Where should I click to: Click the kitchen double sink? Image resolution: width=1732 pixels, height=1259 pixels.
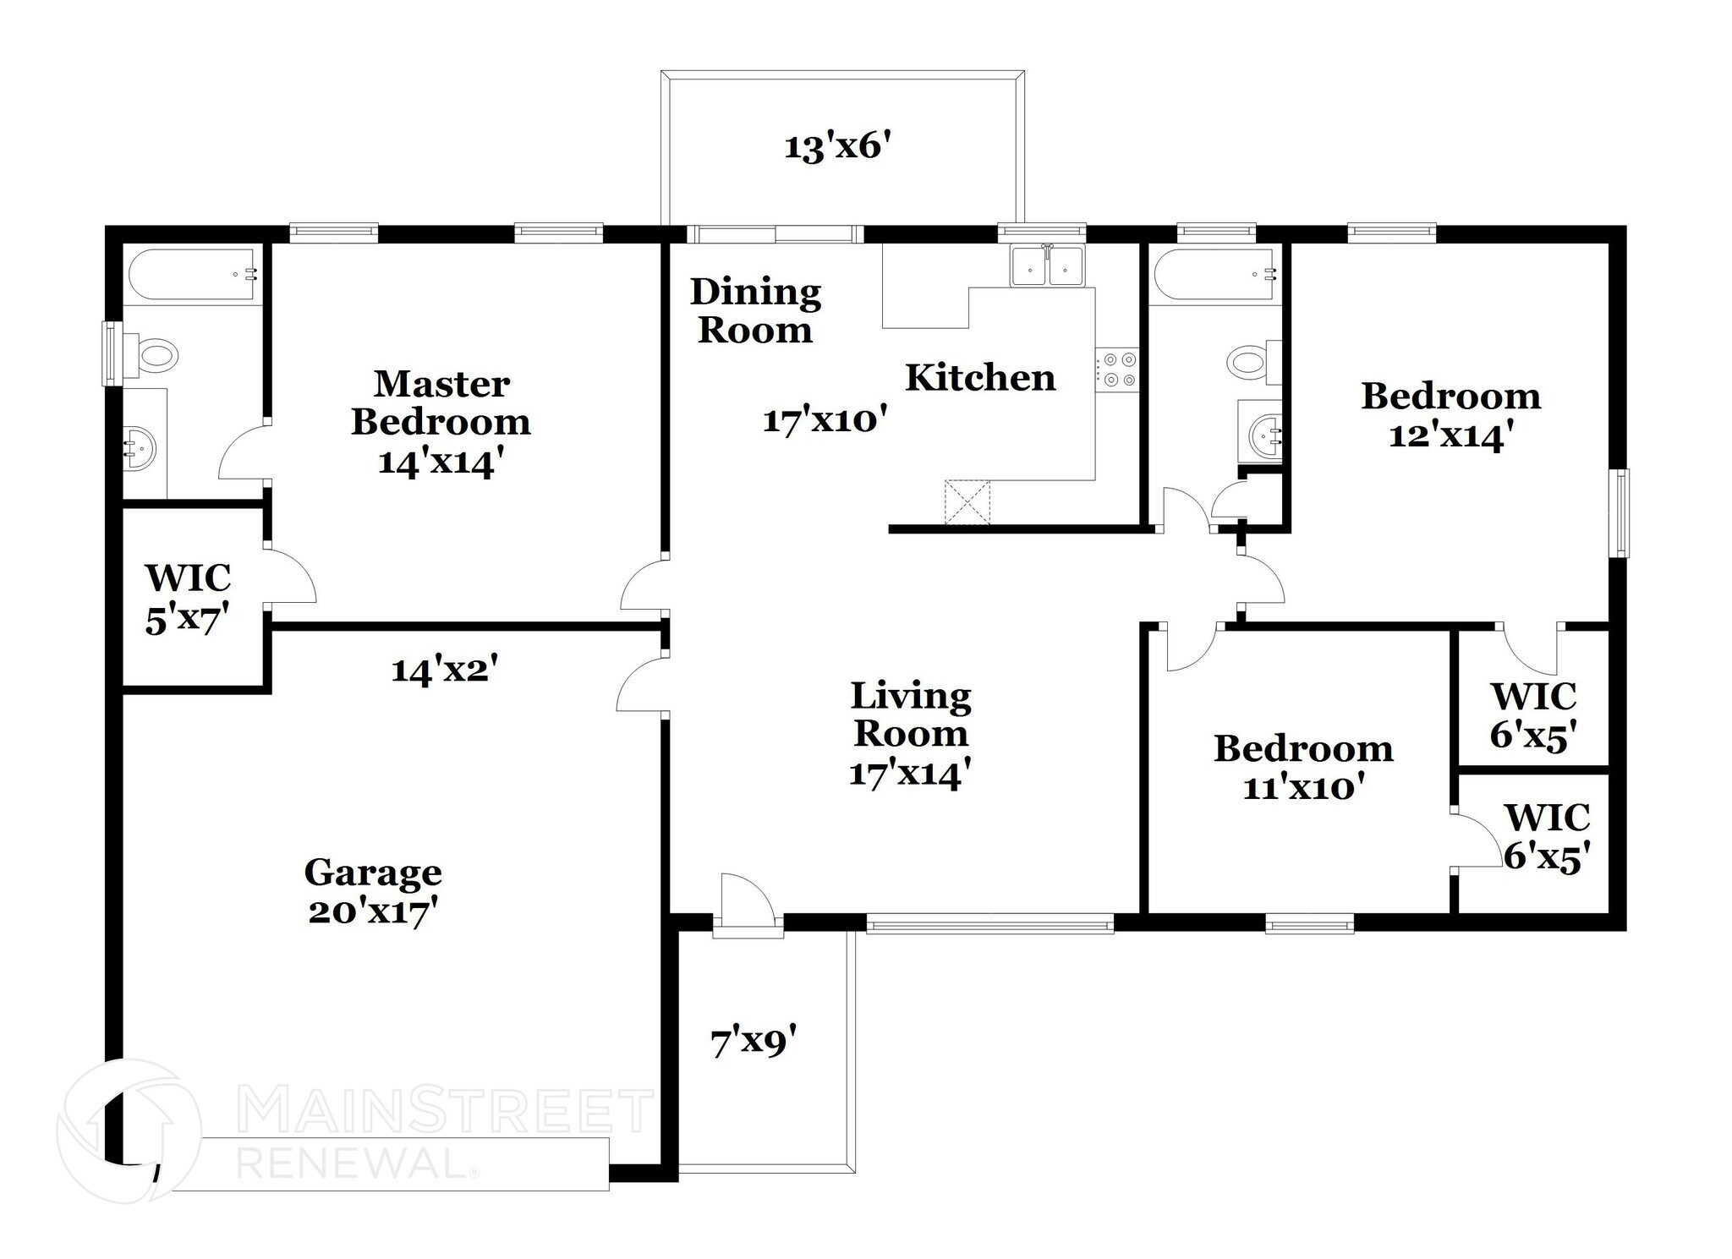[1047, 265]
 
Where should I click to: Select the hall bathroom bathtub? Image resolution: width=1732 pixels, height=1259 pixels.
[1214, 273]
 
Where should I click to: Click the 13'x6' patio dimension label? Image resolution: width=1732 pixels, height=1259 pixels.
[838, 147]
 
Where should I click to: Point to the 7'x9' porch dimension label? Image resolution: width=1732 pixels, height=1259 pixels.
[753, 1041]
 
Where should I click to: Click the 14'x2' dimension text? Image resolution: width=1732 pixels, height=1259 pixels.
[443, 671]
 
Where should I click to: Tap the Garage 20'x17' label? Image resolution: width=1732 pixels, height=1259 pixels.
[373, 891]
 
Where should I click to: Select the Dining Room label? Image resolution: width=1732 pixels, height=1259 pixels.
[755, 311]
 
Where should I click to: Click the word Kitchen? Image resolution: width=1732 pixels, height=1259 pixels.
[980, 378]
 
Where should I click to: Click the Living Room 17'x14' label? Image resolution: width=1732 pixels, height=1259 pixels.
[910, 734]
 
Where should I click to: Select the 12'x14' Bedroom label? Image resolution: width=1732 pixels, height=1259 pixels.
[1450, 415]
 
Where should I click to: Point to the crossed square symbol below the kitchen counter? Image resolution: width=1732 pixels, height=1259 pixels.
[967, 502]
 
